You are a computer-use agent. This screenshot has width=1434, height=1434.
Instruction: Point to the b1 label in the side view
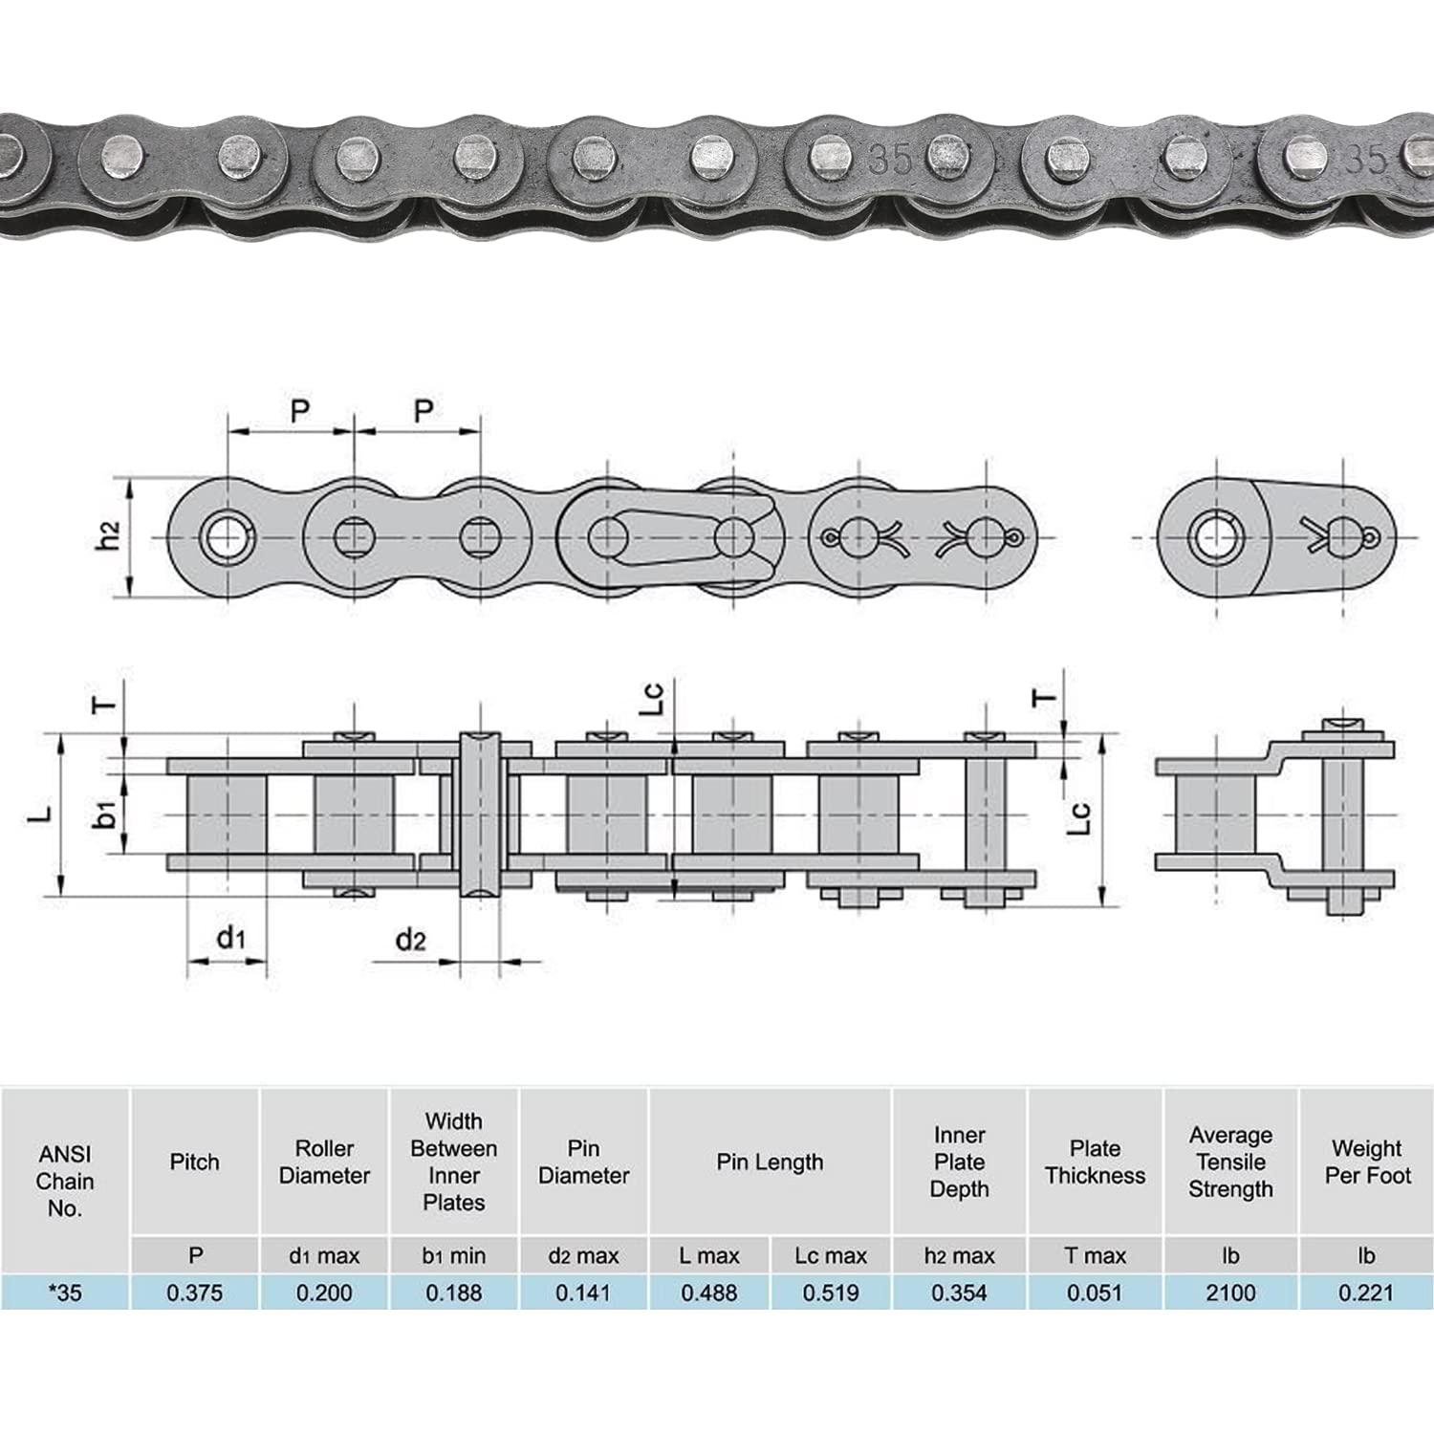(x=108, y=814)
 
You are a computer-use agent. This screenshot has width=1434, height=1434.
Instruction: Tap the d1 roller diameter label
(x=230, y=938)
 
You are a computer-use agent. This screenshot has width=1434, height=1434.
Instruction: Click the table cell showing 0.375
(x=194, y=1293)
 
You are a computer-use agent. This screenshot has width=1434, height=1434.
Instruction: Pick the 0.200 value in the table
(x=324, y=1293)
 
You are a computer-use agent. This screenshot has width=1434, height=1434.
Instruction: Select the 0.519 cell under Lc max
(x=830, y=1293)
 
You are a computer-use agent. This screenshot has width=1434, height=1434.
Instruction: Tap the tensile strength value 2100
(x=1229, y=1293)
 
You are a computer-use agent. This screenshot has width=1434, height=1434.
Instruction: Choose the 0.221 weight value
(x=1366, y=1293)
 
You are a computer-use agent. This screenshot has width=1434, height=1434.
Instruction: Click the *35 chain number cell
(x=65, y=1293)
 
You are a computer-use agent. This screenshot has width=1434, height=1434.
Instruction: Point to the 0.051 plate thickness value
(x=1095, y=1293)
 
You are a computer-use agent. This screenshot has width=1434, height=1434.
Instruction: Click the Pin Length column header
(x=770, y=1162)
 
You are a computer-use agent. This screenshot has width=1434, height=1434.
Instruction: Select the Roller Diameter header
(x=324, y=1162)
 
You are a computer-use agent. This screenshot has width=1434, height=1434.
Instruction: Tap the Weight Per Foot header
(x=1366, y=1162)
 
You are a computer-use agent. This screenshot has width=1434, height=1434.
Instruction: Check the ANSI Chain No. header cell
(x=65, y=1181)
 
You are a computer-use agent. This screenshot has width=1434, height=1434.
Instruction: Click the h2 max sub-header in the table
(x=959, y=1255)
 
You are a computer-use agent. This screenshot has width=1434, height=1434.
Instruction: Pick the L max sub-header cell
(x=708, y=1255)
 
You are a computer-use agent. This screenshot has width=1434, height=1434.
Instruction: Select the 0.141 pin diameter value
(x=583, y=1293)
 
